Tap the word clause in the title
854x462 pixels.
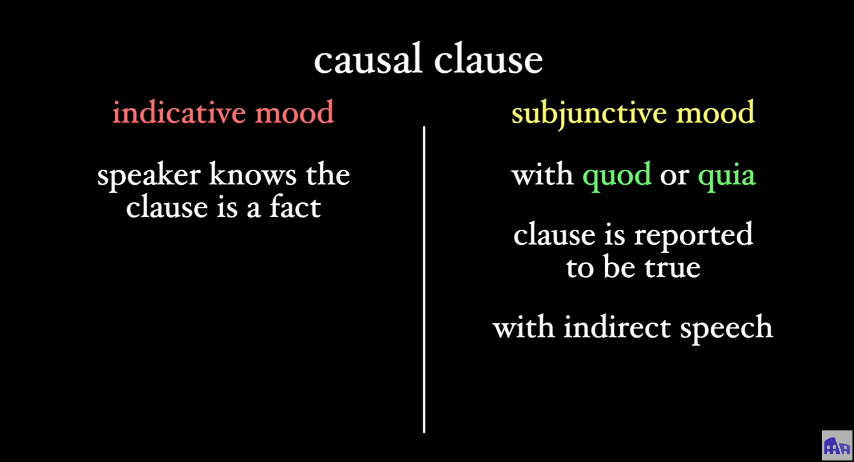click(x=488, y=60)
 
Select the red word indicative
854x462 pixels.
click(x=178, y=113)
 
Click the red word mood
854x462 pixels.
click(x=294, y=113)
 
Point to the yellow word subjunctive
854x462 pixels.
click(x=589, y=114)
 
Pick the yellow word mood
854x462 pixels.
click(x=715, y=113)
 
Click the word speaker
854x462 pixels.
click(x=148, y=176)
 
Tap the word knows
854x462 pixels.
click(x=252, y=175)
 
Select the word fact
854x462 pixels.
click(x=295, y=207)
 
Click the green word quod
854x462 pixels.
click(x=617, y=176)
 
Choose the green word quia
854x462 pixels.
click(x=727, y=176)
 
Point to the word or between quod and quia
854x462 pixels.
click(x=674, y=176)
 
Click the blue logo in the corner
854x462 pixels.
click(x=837, y=445)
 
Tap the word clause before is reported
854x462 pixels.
click(x=554, y=235)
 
